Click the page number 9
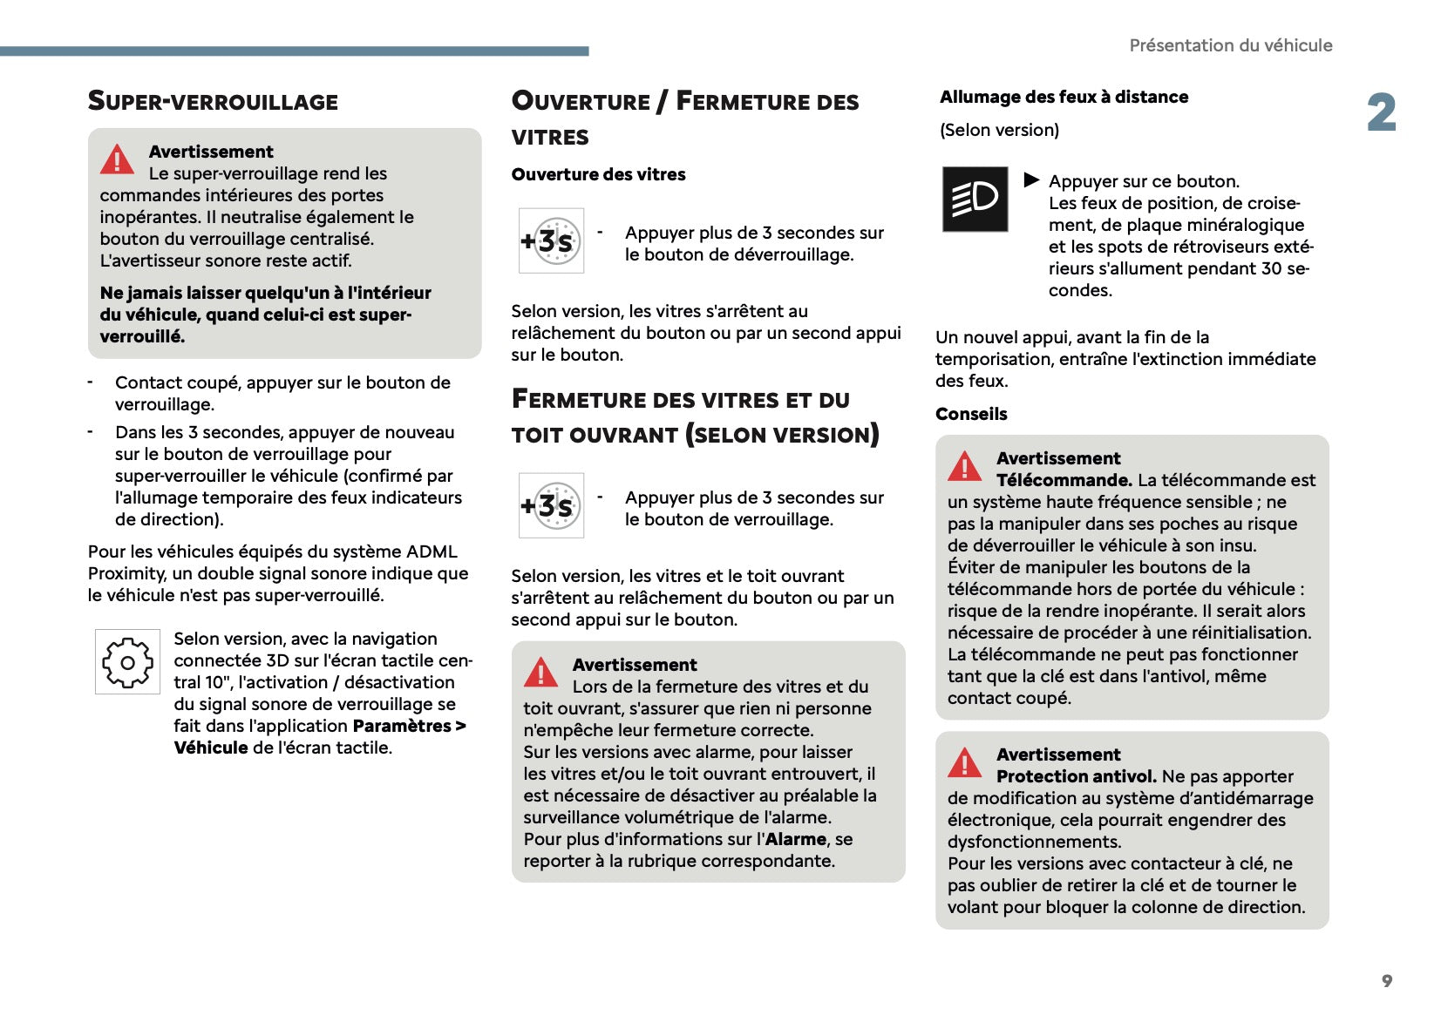pos(1386,981)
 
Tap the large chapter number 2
pos(1382,113)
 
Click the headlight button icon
pos(975,199)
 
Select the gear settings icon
pos(127,662)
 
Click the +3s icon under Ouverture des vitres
pos(551,240)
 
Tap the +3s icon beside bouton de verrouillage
pos(551,505)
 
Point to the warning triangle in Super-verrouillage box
pos(117,159)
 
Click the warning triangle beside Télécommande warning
pos(964,467)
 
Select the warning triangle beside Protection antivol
pos(964,763)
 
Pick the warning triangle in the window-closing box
pos(540,673)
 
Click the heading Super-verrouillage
pos(213,101)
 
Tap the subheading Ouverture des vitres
pos(598,174)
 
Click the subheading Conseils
pos(971,414)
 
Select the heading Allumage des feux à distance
pos(1064,97)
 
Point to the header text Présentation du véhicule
pos(1230,45)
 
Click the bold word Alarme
pos(795,839)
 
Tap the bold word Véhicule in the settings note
pos(211,748)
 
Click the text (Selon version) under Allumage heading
pos(999,130)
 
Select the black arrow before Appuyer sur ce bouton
pos(1031,179)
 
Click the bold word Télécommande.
pos(1064,480)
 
